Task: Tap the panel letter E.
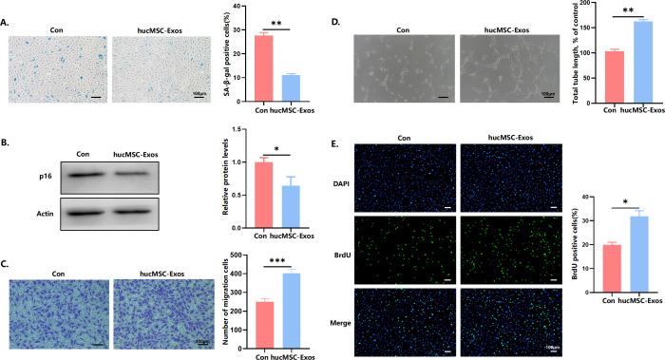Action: [334, 143]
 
